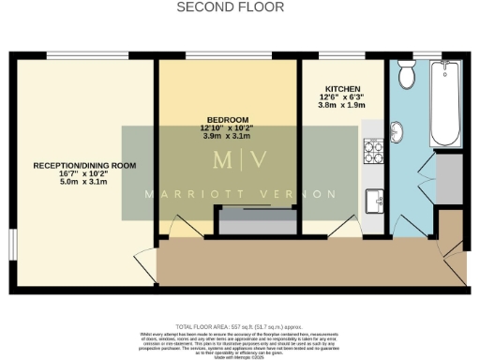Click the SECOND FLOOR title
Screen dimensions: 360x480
pos(239,7)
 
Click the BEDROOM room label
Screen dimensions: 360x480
pos(229,120)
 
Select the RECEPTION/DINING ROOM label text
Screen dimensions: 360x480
pos(84,165)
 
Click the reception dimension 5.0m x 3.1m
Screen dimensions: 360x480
pos(84,182)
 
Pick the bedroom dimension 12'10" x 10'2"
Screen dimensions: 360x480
pos(229,128)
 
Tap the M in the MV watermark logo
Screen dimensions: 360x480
pos(223,159)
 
